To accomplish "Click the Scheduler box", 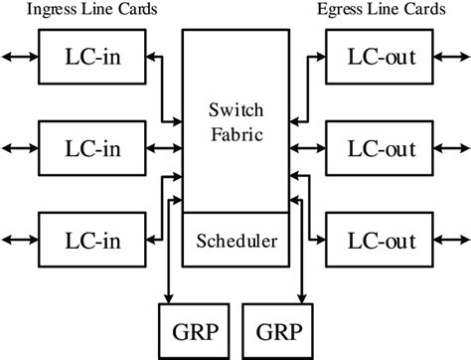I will (x=235, y=241).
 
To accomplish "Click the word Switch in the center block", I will (x=235, y=108).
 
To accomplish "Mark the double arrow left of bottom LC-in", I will (x=18, y=239).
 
